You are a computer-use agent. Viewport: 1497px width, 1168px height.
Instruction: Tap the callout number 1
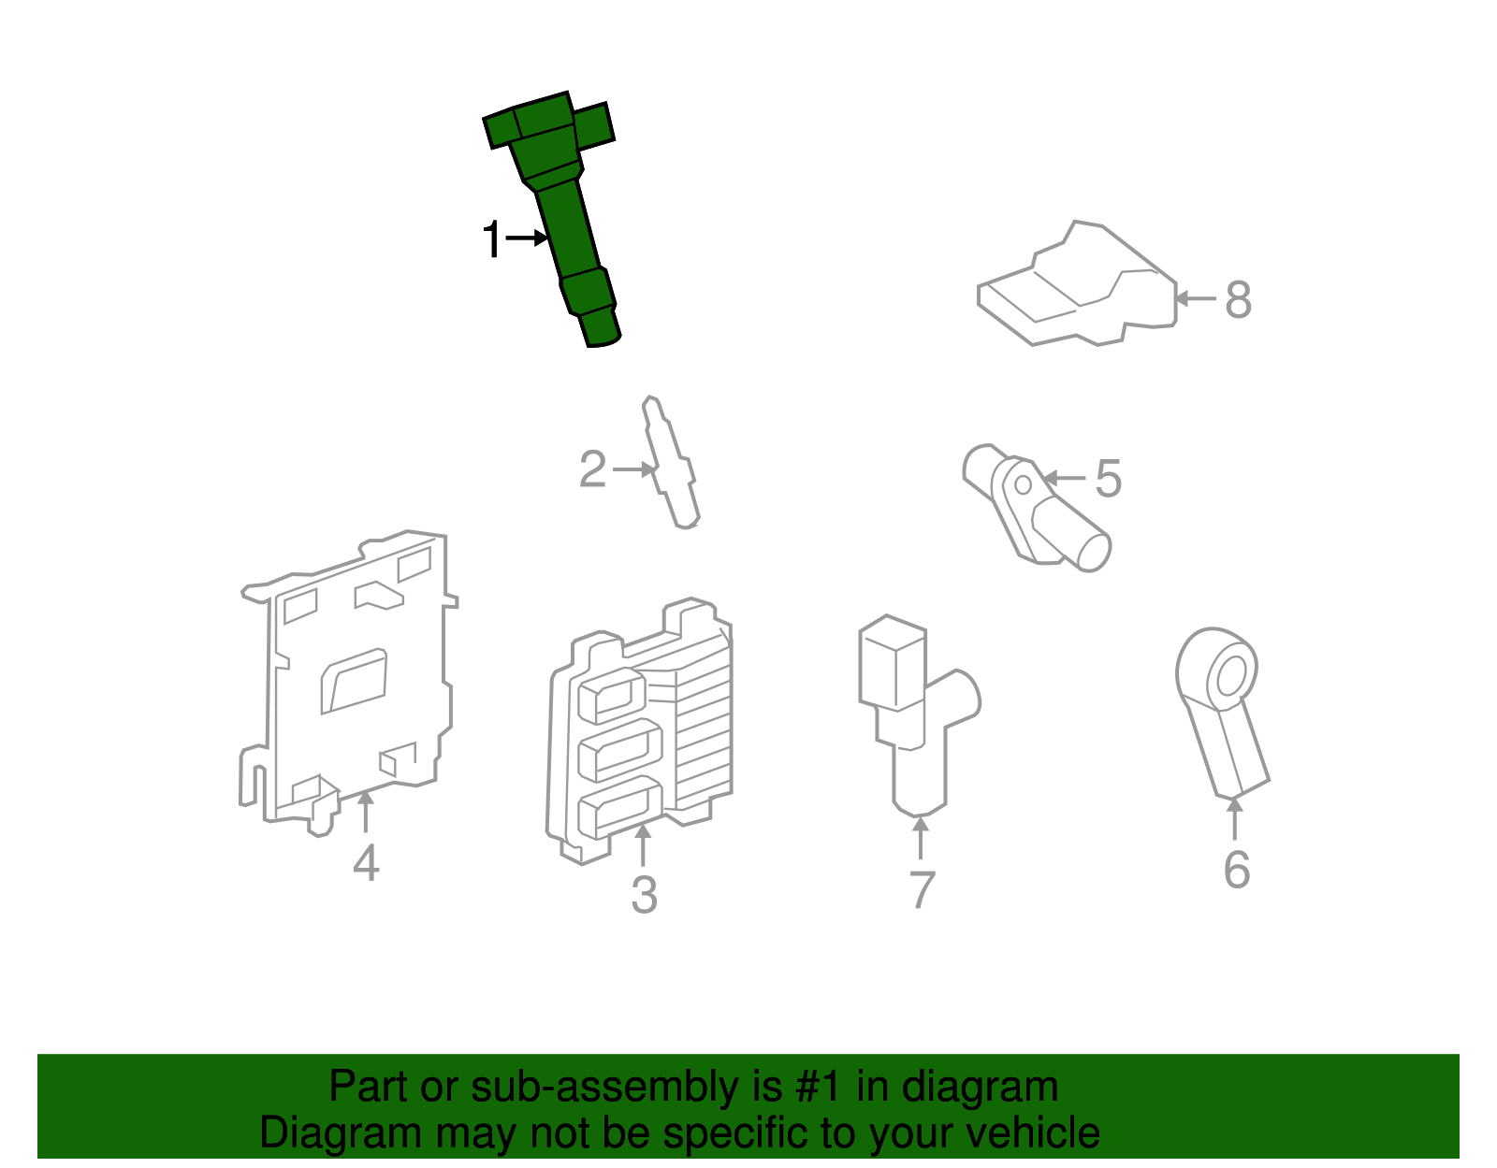pyautogui.click(x=491, y=240)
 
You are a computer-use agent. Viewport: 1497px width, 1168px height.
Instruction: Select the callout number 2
pyautogui.click(x=593, y=469)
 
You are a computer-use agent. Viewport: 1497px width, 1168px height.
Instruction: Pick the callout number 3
pyautogui.click(x=644, y=895)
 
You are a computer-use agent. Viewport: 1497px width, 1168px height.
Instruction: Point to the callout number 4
pyautogui.click(x=366, y=862)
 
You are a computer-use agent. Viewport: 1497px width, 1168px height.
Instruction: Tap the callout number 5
pyautogui.click(x=1108, y=479)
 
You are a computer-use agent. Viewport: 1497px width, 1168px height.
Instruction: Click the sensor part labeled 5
pyautogui.click(x=1034, y=510)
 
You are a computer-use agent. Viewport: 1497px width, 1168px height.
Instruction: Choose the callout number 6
pyautogui.click(x=1236, y=870)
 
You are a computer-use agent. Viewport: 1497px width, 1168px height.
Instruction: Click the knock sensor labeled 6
pyautogui.click(x=1221, y=711)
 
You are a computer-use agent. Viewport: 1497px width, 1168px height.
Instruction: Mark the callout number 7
pyautogui.click(x=922, y=889)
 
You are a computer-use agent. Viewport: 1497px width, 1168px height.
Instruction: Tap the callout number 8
pyautogui.click(x=1238, y=300)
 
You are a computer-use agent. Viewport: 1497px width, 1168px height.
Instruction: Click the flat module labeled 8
pyautogui.click(x=1076, y=290)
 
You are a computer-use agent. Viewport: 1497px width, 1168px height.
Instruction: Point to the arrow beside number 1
pyautogui.click(x=527, y=238)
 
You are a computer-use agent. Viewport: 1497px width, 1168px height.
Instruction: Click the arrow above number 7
pyautogui.click(x=921, y=837)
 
